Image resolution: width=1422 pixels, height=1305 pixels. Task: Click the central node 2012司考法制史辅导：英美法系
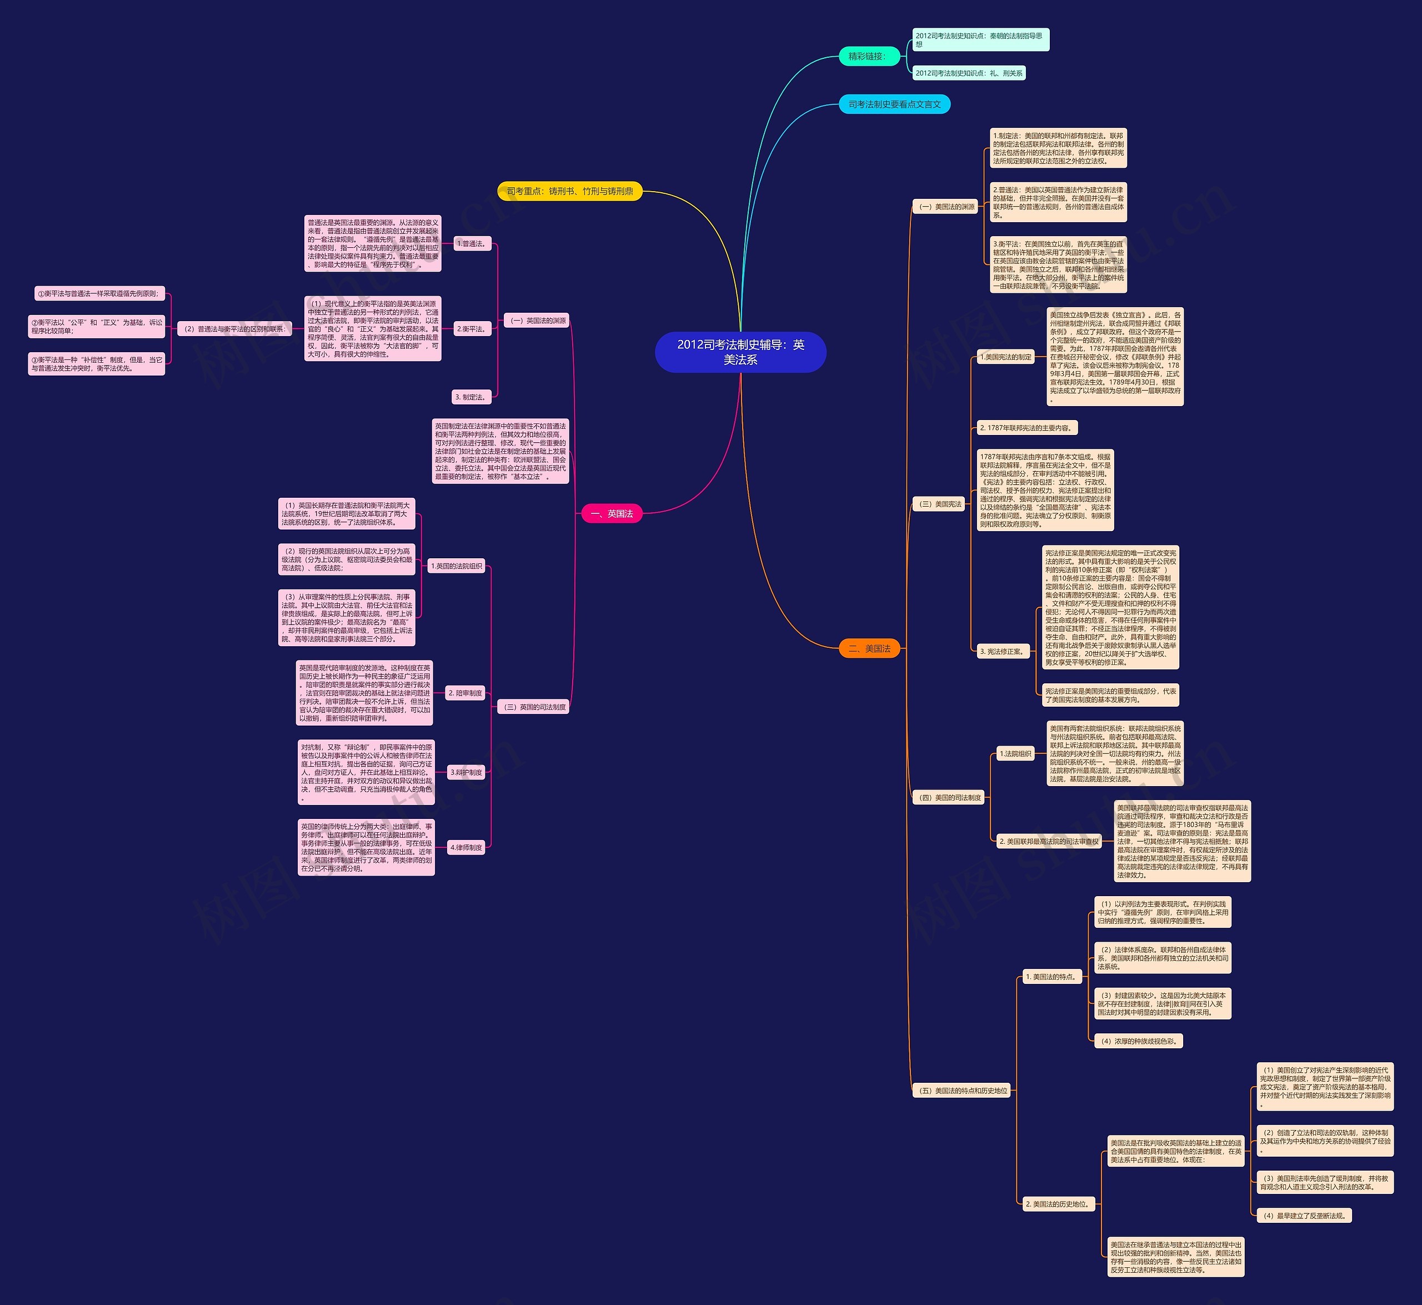(740, 352)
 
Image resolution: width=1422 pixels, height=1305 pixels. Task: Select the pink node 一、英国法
(612, 513)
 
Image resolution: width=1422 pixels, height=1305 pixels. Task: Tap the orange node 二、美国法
(869, 648)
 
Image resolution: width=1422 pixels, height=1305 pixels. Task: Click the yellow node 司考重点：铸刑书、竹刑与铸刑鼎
(570, 191)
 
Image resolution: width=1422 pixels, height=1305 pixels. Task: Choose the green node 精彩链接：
(867, 57)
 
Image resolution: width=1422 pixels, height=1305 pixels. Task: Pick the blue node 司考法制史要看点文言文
(894, 104)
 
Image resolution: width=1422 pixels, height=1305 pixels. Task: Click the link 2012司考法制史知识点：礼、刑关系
(969, 73)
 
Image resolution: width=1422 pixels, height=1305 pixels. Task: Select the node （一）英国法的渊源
(537, 321)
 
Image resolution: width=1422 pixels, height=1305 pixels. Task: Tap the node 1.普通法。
(472, 244)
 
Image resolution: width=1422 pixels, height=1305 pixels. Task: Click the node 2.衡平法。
(472, 329)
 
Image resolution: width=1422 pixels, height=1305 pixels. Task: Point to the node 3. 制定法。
(471, 397)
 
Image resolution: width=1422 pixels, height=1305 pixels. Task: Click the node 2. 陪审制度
(465, 693)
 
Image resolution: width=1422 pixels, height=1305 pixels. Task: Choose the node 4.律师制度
(467, 847)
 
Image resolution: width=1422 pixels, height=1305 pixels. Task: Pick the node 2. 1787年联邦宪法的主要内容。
(1027, 428)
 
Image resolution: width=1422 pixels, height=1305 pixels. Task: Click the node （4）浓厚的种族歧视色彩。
(1138, 1041)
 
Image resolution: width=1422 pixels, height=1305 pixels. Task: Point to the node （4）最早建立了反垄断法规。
(1305, 1216)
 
